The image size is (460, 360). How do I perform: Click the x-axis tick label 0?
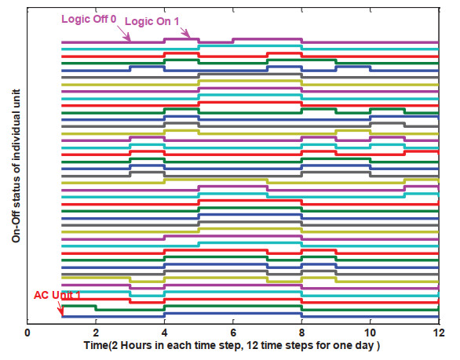coord(27,333)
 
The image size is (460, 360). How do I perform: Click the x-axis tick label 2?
coord(96,333)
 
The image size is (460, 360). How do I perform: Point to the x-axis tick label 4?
coord(165,333)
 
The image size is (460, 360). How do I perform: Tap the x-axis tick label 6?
coord(233,333)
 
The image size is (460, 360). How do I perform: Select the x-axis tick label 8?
coord(302,333)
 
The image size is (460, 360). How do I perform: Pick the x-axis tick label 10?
coord(371,333)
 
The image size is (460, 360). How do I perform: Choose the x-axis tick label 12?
coord(439,333)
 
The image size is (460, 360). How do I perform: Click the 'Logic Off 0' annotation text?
coord(89,19)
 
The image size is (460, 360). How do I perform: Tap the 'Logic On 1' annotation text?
coord(152,21)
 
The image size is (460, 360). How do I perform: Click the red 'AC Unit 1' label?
coord(57,295)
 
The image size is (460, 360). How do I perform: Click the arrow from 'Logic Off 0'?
coord(124,33)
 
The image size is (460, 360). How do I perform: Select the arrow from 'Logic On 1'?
coord(185,32)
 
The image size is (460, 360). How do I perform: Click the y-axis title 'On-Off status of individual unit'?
coord(16,165)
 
